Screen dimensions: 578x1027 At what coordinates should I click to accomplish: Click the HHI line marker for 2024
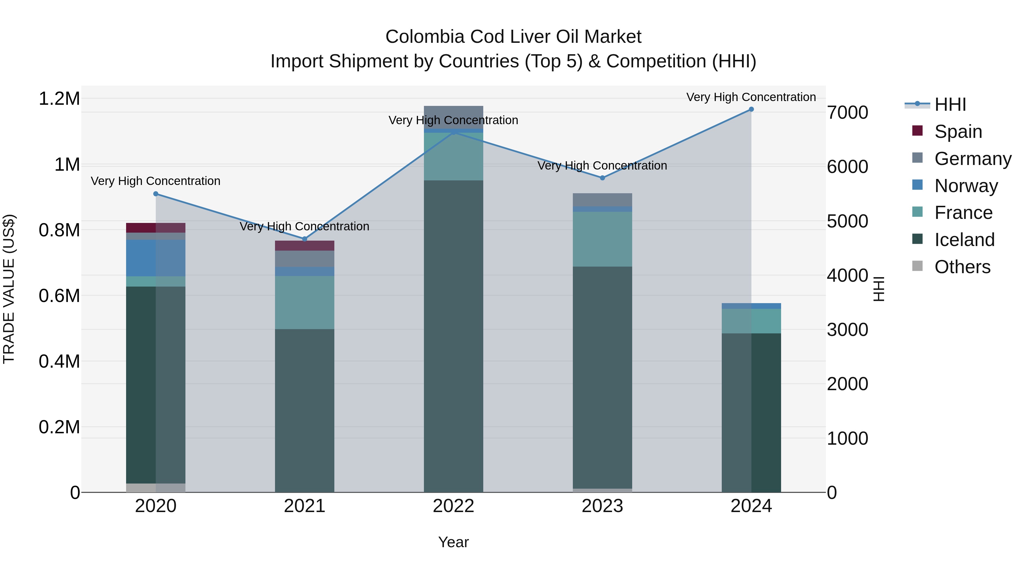point(751,109)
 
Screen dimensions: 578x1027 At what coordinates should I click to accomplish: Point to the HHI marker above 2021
point(305,239)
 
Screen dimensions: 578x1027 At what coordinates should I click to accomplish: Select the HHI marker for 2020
point(156,194)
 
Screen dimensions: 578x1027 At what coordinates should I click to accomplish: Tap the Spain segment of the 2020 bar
point(155,228)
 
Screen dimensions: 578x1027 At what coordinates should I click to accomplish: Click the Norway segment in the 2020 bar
point(155,258)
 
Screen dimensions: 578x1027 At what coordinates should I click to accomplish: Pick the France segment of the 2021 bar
point(305,302)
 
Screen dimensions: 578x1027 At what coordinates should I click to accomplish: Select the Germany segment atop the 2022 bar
point(453,116)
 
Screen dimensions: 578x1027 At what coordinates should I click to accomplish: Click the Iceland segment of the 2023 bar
point(603,377)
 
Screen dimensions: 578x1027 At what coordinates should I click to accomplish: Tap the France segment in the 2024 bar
point(751,321)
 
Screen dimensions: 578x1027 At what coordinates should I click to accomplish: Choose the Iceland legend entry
point(964,240)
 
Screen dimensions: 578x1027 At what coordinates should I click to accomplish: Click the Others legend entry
point(962,267)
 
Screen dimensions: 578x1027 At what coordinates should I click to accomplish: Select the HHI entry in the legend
point(950,104)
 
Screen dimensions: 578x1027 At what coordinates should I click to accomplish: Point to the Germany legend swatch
point(917,158)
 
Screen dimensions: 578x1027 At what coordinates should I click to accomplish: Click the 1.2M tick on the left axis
point(59,98)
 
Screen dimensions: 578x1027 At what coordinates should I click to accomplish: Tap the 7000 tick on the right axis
point(847,112)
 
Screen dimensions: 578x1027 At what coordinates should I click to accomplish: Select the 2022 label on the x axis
point(453,506)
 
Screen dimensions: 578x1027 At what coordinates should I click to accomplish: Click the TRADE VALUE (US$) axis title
point(9,289)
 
